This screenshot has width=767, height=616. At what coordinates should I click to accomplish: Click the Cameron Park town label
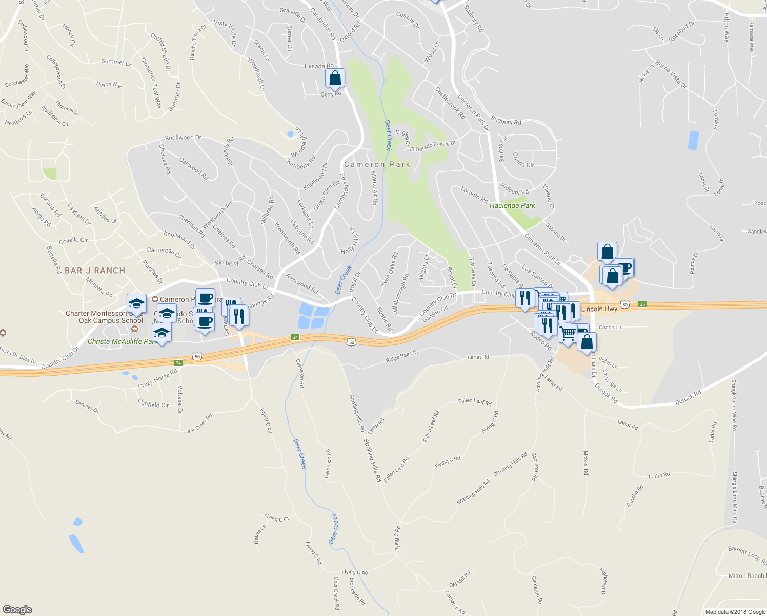click(377, 165)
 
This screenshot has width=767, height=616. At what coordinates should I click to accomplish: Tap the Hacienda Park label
click(512, 205)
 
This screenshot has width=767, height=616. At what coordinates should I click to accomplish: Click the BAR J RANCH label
click(95, 271)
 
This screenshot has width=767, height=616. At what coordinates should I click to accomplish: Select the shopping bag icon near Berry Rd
click(335, 79)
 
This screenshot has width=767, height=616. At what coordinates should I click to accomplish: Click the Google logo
click(17, 609)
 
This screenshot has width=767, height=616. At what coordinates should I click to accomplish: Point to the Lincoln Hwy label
click(599, 309)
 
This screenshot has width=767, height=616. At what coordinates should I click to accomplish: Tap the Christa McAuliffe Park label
click(122, 341)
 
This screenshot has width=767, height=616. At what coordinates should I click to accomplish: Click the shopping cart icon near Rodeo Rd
click(568, 334)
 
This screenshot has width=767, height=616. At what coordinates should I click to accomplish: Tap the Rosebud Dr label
click(681, 31)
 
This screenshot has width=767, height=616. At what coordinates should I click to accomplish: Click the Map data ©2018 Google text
click(735, 612)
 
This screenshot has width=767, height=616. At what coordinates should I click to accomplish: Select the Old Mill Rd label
click(459, 580)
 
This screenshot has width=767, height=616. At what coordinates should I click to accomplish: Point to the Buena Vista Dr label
click(671, 75)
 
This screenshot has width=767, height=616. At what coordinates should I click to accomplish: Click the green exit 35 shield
click(642, 304)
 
